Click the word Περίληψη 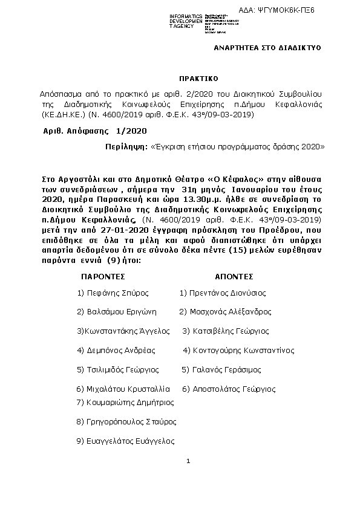[x=125, y=146]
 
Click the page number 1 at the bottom [x=189, y=462]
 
